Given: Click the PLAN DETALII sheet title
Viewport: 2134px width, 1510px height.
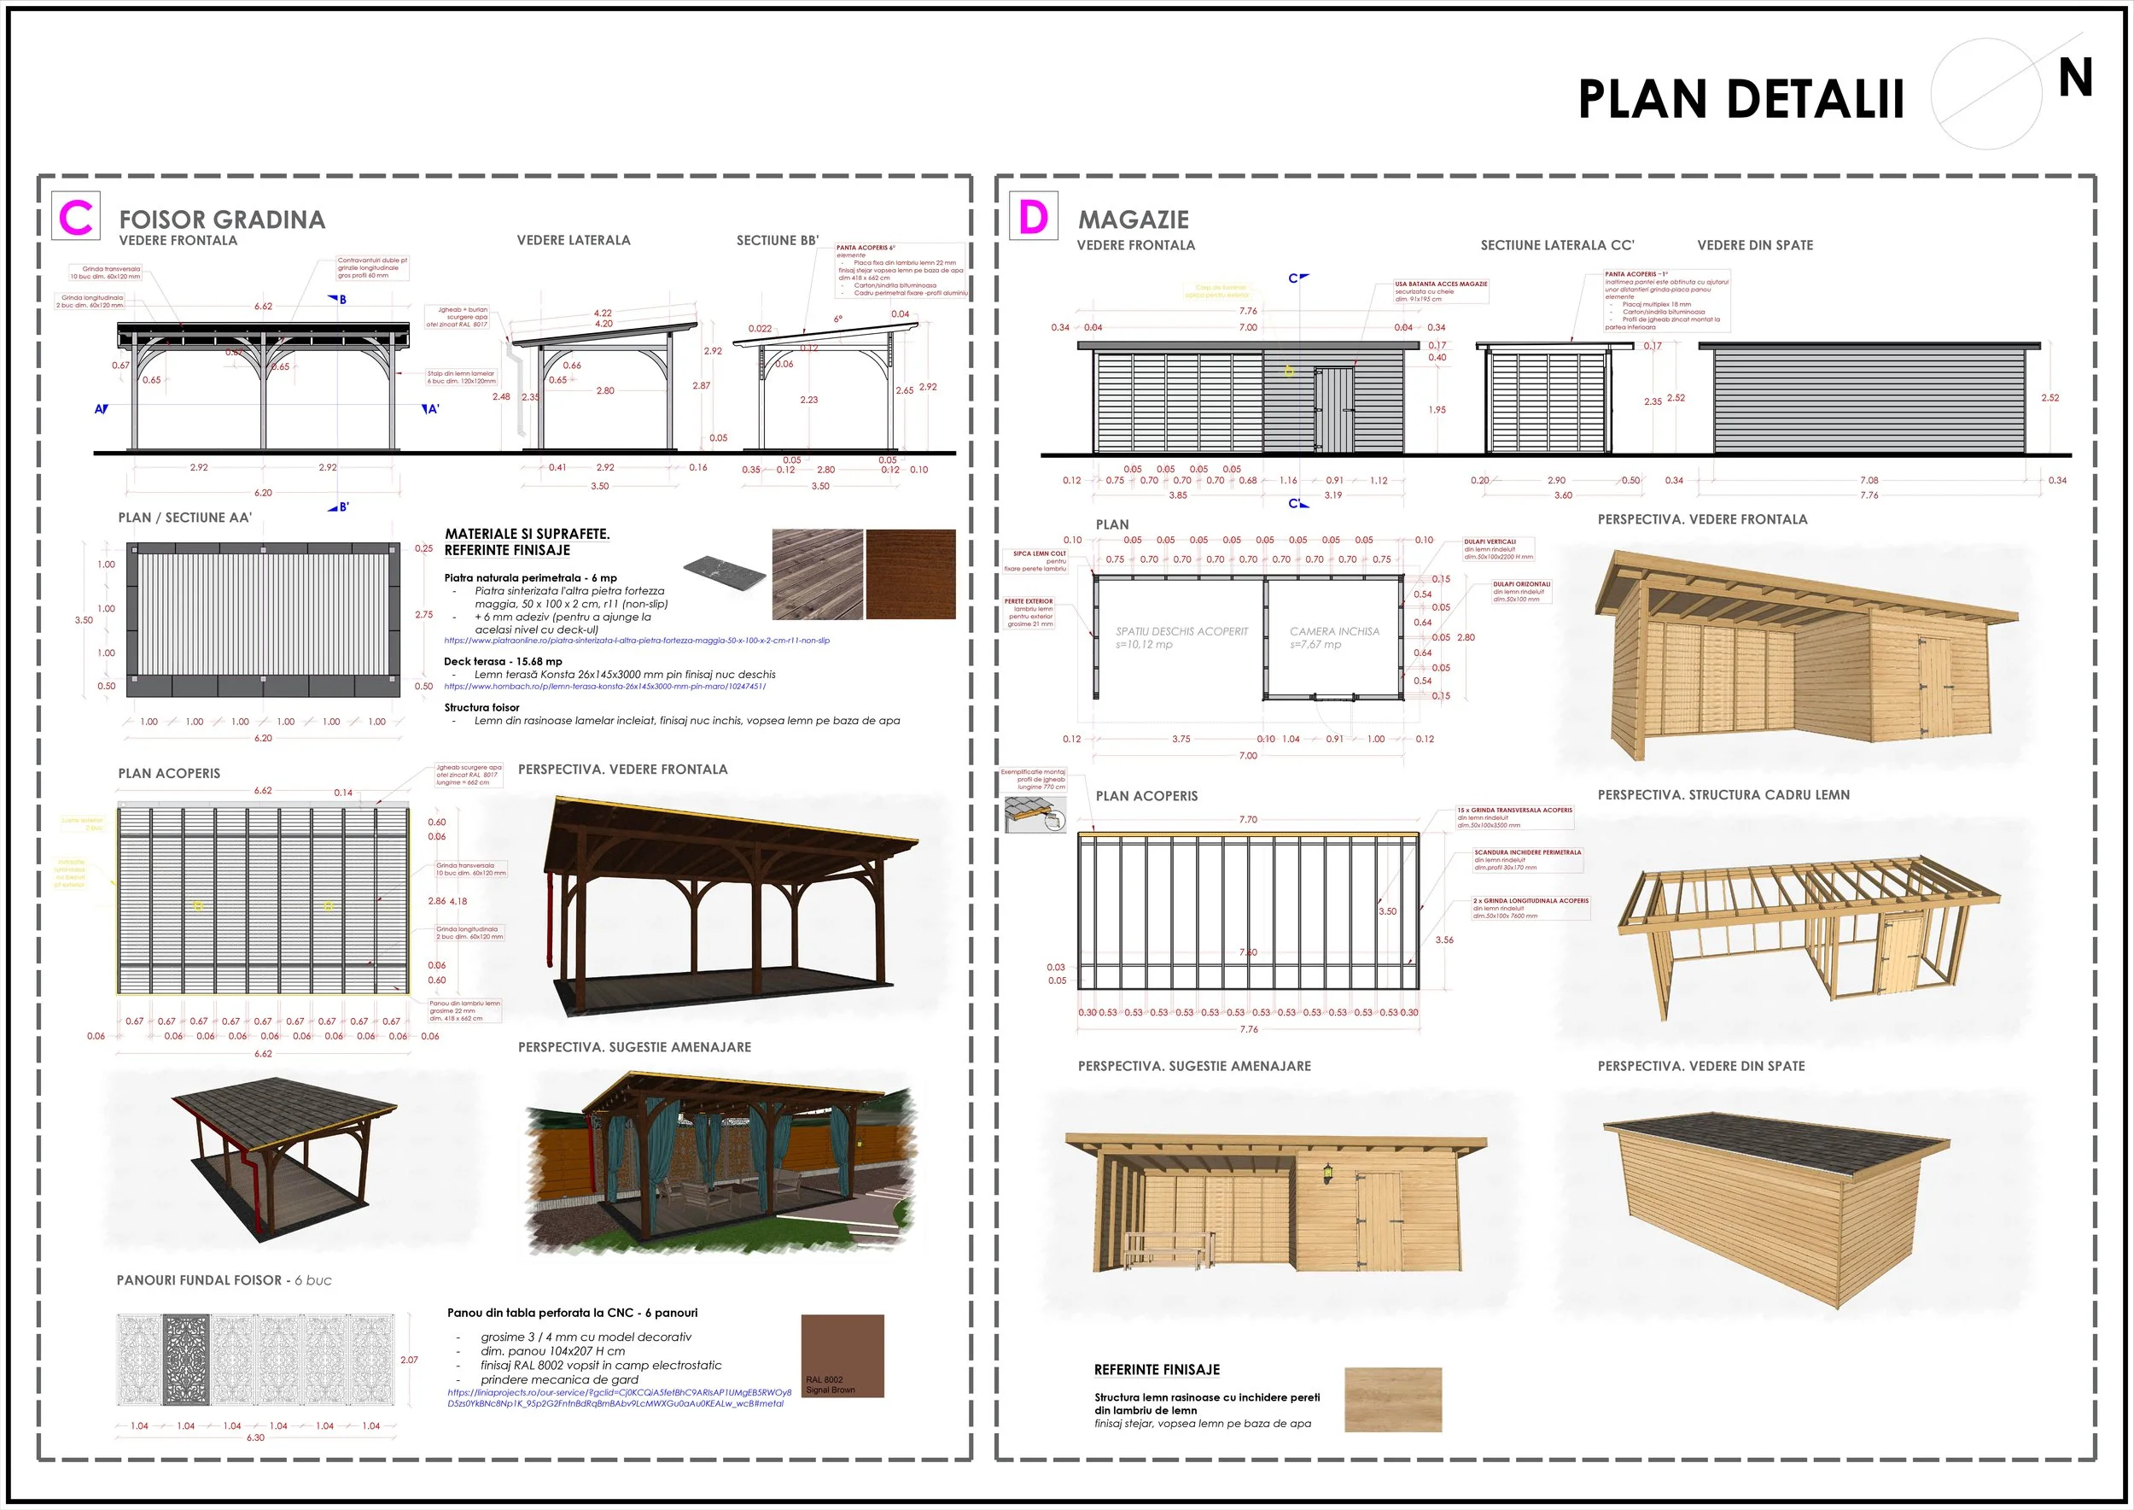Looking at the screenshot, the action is click(1740, 99).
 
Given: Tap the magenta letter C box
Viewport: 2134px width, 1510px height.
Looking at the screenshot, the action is click(76, 217).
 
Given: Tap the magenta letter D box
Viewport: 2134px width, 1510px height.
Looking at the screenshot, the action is click(1033, 217).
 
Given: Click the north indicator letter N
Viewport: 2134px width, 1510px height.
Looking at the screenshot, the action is click(2074, 78).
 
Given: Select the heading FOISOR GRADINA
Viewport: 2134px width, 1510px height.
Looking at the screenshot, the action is click(222, 219).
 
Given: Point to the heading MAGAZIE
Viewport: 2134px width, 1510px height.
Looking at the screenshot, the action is click(1133, 219).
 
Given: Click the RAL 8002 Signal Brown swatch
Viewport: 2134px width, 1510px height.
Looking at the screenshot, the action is click(842, 1355).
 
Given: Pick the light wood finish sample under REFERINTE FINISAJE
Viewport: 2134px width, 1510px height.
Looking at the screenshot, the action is click(1392, 1398).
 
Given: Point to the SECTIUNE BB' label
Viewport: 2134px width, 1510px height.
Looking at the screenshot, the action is click(777, 240).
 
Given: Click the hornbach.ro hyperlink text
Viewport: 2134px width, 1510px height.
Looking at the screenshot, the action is click(605, 686).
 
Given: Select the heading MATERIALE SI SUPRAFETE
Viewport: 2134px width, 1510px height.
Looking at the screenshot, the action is click(527, 534).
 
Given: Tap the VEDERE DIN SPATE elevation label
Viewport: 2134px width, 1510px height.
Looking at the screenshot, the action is click(1755, 245).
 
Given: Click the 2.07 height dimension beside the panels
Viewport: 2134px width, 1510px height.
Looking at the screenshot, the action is click(409, 1360).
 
